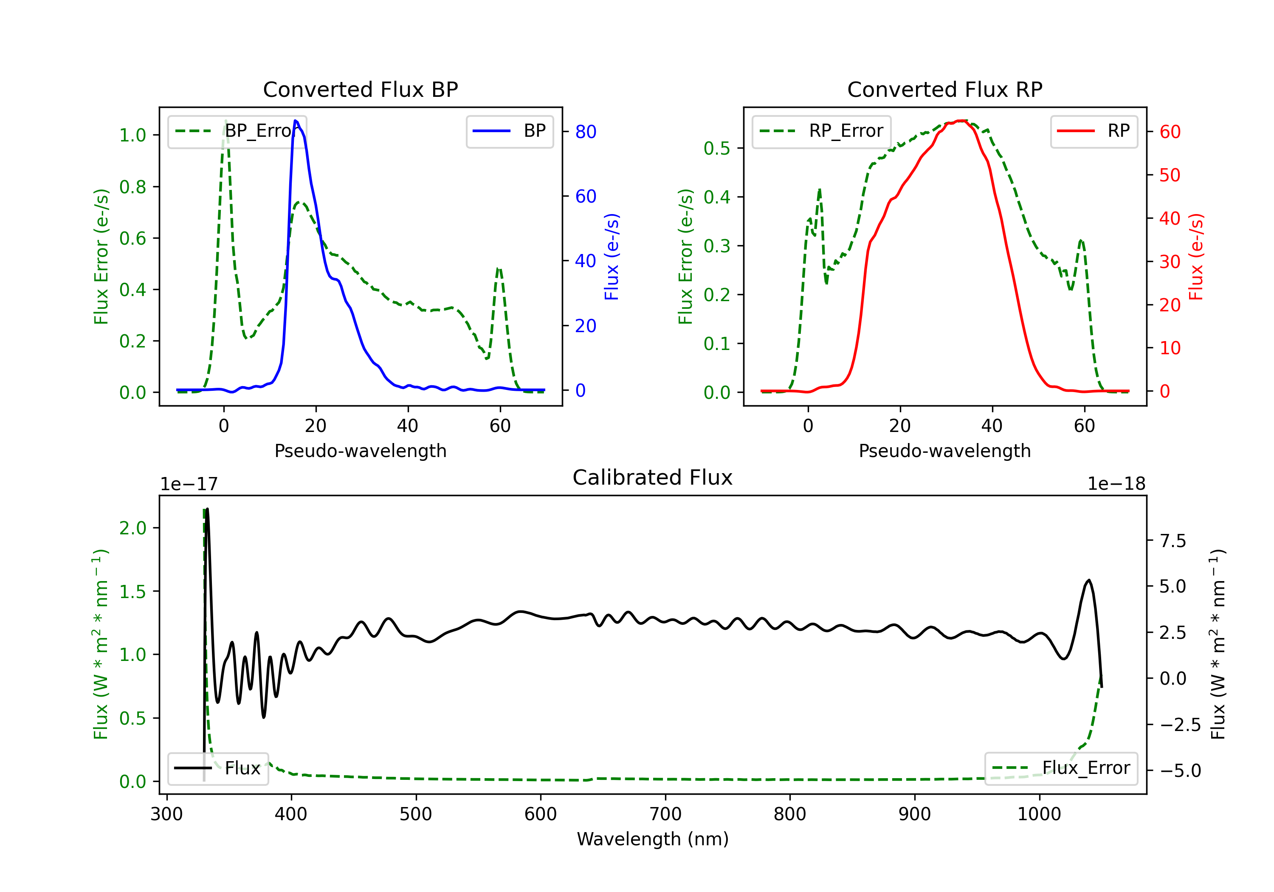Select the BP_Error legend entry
point(237,132)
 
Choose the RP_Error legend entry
point(821,132)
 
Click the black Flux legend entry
point(218,769)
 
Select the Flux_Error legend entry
point(1061,769)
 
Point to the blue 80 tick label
point(585,132)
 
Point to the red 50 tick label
point(1170,175)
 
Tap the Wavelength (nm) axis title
point(653,839)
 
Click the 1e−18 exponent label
point(1116,484)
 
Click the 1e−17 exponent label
point(189,484)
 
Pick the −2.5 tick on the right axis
point(1180,725)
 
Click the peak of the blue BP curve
point(296,121)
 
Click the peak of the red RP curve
point(961,121)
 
